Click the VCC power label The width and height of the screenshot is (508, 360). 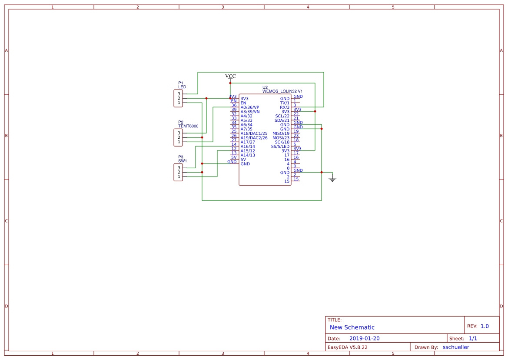(230, 76)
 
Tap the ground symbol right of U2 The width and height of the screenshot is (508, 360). (332, 179)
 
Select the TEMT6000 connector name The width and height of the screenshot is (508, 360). (188, 126)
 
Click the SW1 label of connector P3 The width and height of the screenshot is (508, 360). (183, 161)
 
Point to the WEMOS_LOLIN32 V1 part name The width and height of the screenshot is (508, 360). (282, 91)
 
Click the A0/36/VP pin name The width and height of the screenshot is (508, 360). (250, 107)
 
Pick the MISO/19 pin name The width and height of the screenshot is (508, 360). (281, 133)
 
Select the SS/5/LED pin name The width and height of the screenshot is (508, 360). (280, 147)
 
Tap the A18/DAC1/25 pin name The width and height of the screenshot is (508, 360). (254, 133)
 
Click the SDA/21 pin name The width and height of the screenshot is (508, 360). (282, 120)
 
